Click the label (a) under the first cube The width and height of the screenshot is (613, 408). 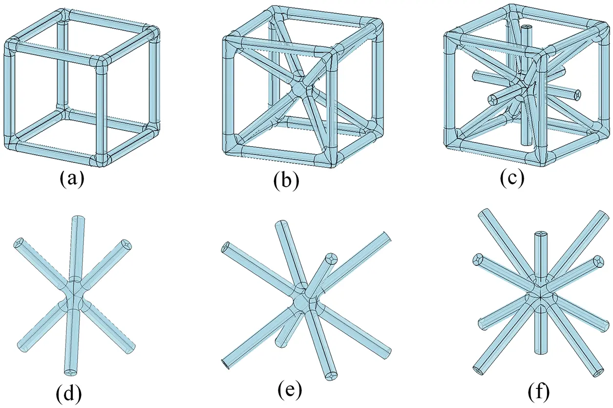point(72,179)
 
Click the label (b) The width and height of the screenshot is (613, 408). point(286,181)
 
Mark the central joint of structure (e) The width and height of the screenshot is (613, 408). point(302,303)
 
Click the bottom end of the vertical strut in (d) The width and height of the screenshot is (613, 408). point(71,372)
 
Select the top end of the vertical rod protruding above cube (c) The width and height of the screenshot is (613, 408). point(526,28)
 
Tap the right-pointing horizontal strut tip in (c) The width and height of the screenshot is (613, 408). point(578,93)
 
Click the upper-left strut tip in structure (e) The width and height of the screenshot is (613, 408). point(225,247)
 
